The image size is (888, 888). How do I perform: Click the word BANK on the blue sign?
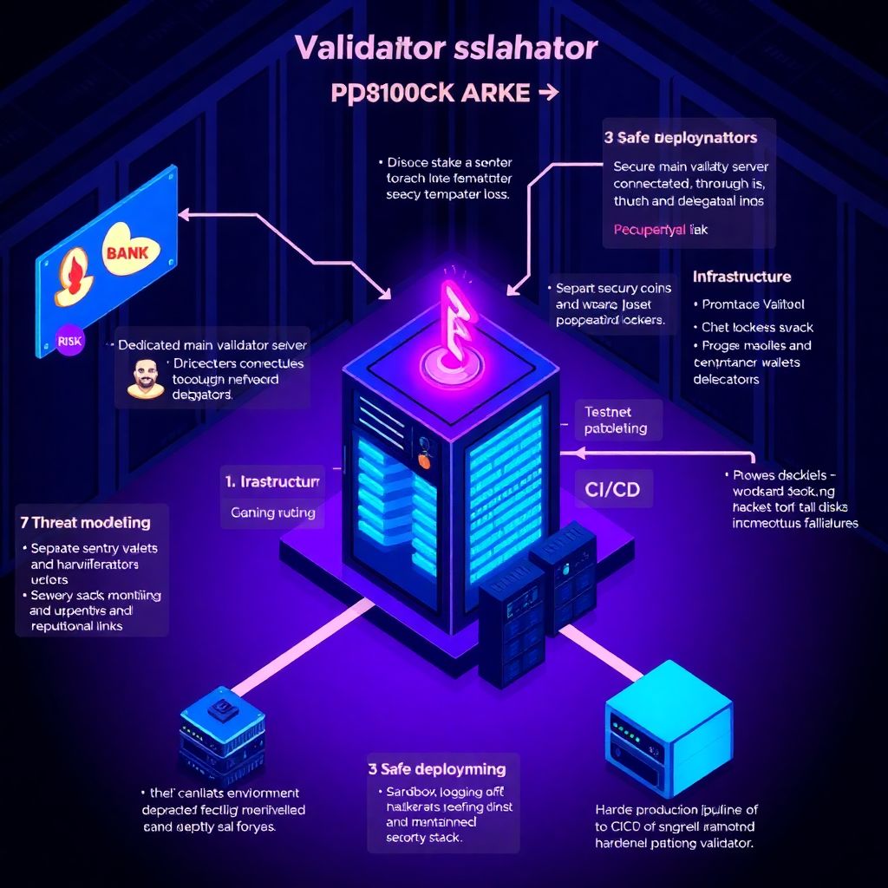pyautogui.click(x=127, y=252)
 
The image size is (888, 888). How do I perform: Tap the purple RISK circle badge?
pyautogui.click(x=69, y=341)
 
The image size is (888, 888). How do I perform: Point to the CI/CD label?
pyautogui.click(x=612, y=489)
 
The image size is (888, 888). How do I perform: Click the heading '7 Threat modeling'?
pyautogui.click(x=85, y=522)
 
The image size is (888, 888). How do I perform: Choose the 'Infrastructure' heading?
pyautogui.click(x=741, y=277)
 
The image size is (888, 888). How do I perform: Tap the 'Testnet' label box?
pyautogui.click(x=608, y=413)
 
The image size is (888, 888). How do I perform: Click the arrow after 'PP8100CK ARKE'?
pyautogui.click(x=548, y=93)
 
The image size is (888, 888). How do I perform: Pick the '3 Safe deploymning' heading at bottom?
pyautogui.click(x=436, y=768)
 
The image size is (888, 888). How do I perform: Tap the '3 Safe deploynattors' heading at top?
pyautogui.click(x=681, y=137)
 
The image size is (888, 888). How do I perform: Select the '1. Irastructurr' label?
pyautogui.click(x=272, y=480)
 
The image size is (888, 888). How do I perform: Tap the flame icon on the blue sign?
pyautogui.click(x=74, y=266)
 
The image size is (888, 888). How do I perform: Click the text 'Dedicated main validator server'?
pyautogui.click(x=212, y=345)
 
